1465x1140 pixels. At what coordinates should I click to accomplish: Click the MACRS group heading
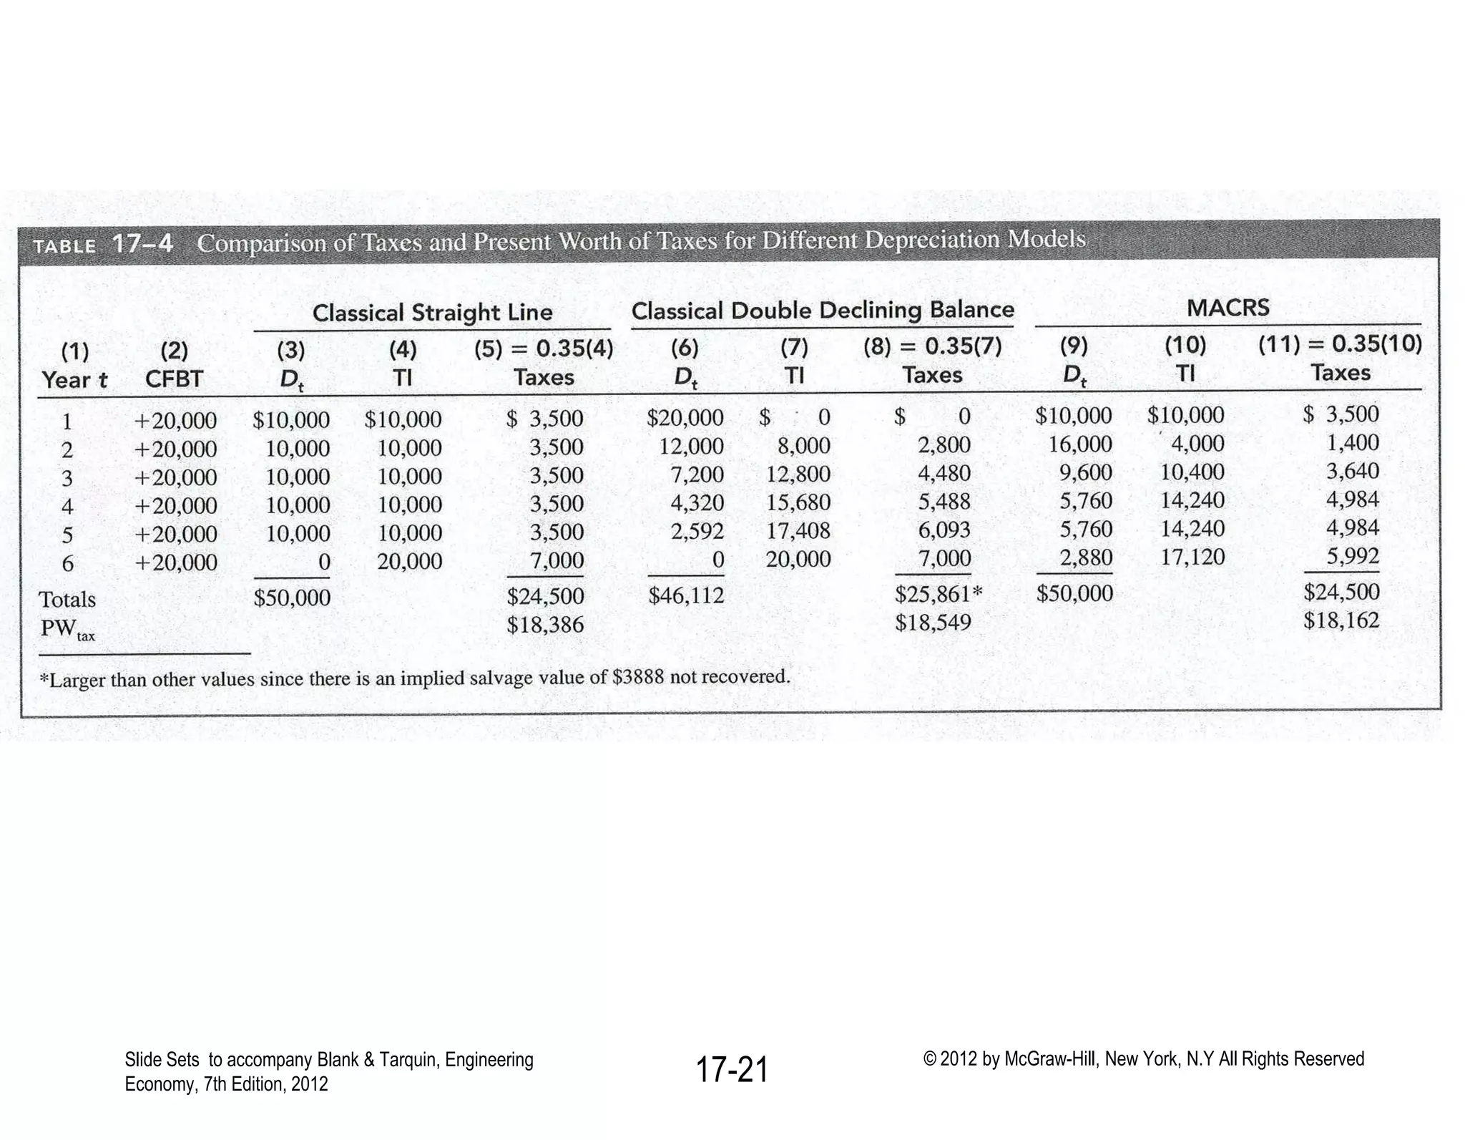tap(1228, 308)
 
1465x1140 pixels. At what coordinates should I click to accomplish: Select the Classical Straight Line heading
tap(432, 313)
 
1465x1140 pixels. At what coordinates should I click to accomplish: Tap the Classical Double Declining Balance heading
tap(823, 311)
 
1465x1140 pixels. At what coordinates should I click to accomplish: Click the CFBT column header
tap(174, 379)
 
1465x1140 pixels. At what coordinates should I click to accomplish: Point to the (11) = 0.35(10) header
tap(1340, 344)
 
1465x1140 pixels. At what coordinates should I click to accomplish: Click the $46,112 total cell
tap(685, 595)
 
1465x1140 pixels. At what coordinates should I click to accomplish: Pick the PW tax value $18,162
tap(1341, 620)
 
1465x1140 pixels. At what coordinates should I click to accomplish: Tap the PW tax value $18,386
tap(545, 625)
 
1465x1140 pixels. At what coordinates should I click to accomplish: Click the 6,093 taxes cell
tap(944, 530)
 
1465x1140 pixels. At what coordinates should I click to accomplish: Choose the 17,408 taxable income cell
tap(798, 531)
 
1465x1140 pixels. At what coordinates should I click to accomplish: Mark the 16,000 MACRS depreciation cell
tap(1080, 444)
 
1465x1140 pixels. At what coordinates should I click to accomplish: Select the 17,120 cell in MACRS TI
tap(1192, 557)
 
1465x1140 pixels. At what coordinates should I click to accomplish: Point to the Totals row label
tap(67, 599)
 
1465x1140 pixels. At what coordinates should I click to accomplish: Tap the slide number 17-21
tap(732, 1070)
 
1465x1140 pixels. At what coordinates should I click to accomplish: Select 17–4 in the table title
tap(142, 244)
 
